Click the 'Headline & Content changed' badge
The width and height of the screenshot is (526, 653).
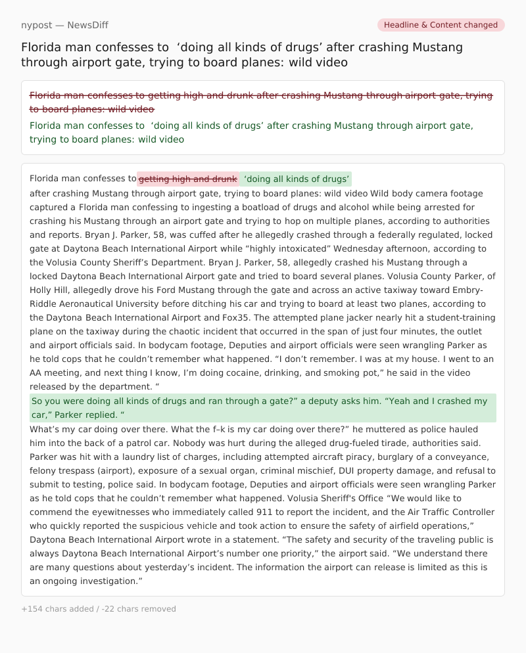click(x=441, y=25)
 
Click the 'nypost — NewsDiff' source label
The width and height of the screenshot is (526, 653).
click(x=64, y=25)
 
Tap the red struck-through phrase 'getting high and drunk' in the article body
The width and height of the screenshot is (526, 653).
click(x=187, y=179)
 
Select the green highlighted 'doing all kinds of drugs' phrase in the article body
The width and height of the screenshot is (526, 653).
click(x=296, y=179)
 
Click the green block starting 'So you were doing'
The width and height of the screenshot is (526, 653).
click(x=262, y=408)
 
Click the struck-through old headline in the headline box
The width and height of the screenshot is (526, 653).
click(x=260, y=102)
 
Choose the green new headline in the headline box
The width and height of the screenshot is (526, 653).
click(x=251, y=133)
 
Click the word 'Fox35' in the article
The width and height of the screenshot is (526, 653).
click(x=237, y=317)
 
